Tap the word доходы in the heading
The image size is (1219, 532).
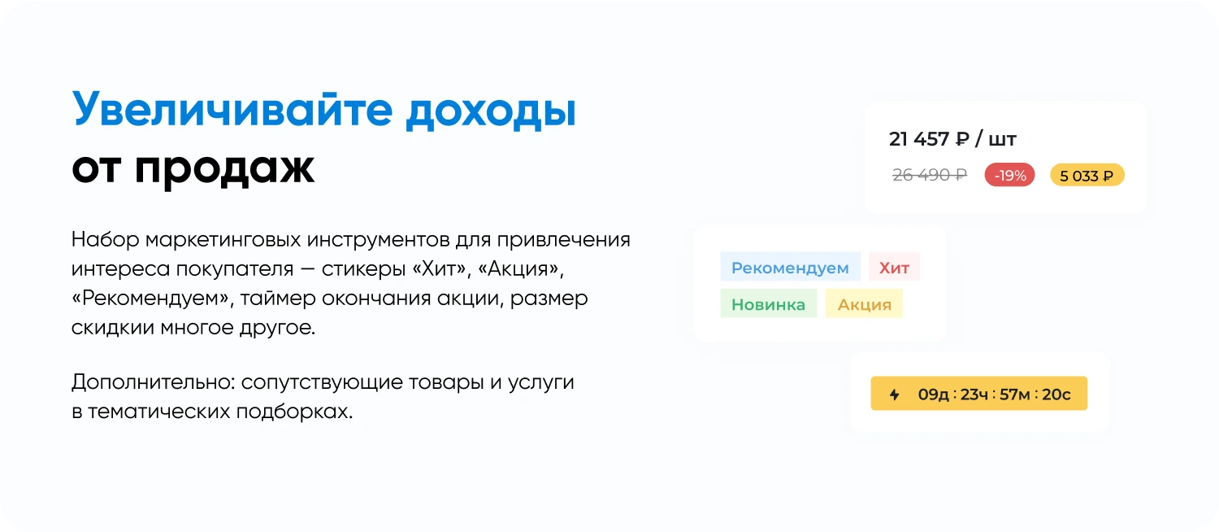491,110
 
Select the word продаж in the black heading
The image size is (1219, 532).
224,168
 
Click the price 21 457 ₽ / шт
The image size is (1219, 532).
952,139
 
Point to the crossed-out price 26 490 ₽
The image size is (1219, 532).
930,175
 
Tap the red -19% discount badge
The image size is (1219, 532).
1009,175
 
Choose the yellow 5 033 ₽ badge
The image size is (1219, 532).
1087,175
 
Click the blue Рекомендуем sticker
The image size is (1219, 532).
790,268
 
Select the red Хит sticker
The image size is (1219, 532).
894,268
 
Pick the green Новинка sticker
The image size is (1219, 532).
768,304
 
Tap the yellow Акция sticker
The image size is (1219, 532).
864,304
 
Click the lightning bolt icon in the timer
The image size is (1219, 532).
895,395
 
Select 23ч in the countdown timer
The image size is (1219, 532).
974,395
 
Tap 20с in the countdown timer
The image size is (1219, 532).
1056,395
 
